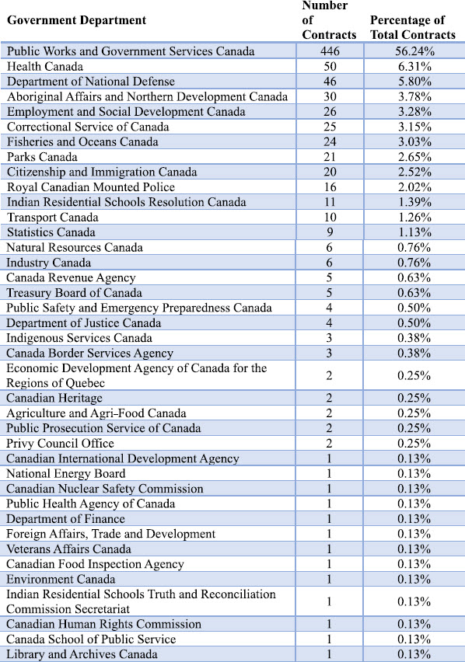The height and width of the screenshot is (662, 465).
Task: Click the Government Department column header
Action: click(x=77, y=20)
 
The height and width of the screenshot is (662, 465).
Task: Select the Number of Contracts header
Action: click(x=329, y=20)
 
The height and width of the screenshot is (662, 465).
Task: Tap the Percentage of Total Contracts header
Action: click(x=413, y=27)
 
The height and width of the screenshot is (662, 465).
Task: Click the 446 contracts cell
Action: click(x=330, y=51)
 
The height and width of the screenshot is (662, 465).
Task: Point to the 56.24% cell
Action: click(x=414, y=51)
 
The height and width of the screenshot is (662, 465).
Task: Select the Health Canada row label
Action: click(x=45, y=66)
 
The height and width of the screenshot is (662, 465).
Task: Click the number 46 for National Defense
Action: click(x=330, y=82)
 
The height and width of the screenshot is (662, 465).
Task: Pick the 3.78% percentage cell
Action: click(x=414, y=96)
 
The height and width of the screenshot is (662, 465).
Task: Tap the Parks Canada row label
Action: click(x=42, y=157)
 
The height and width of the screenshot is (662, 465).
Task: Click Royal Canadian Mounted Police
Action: click(x=91, y=187)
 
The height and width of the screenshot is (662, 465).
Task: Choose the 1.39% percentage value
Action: click(x=414, y=202)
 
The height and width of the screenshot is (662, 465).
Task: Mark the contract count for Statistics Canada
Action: click(x=330, y=232)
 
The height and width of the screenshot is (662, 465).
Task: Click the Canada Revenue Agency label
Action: click(x=71, y=278)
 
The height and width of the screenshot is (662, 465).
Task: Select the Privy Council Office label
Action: click(x=60, y=444)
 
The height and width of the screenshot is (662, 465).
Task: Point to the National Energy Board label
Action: click(x=66, y=474)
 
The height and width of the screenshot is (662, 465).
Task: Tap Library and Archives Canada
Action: click(x=82, y=654)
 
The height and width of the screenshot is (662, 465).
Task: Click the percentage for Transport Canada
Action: click(x=414, y=218)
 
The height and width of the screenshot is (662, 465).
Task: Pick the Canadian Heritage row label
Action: click(x=54, y=398)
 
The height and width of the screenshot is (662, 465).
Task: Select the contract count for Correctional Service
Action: click(x=330, y=127)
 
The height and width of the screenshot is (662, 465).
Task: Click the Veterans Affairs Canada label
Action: click(x=69, y=549)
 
